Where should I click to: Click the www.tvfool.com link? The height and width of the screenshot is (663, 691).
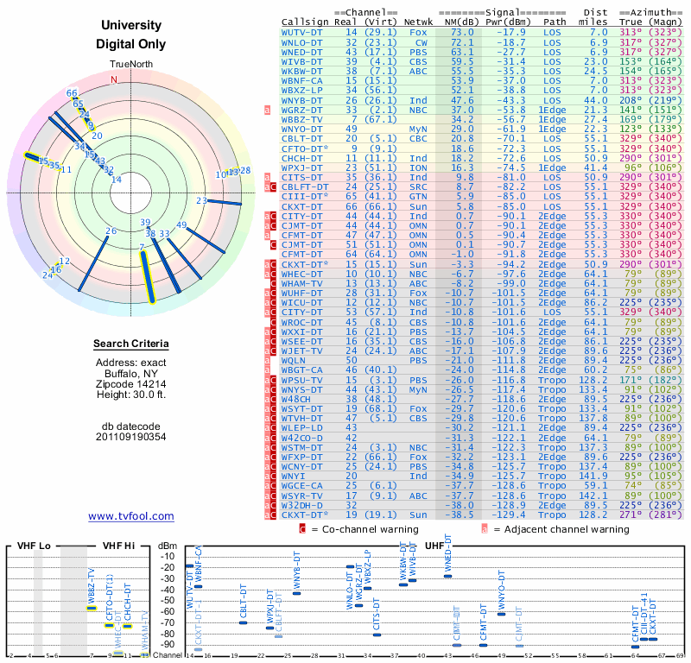131,516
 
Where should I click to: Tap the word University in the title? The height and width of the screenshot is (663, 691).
131,26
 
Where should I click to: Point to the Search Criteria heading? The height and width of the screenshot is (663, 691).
131,344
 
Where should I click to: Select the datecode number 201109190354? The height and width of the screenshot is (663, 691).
131,437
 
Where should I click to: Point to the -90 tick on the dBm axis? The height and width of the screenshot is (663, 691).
167,644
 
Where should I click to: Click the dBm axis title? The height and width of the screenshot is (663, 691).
167,546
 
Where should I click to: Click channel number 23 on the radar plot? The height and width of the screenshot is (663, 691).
200,201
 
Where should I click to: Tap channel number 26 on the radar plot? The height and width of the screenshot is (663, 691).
111,230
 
